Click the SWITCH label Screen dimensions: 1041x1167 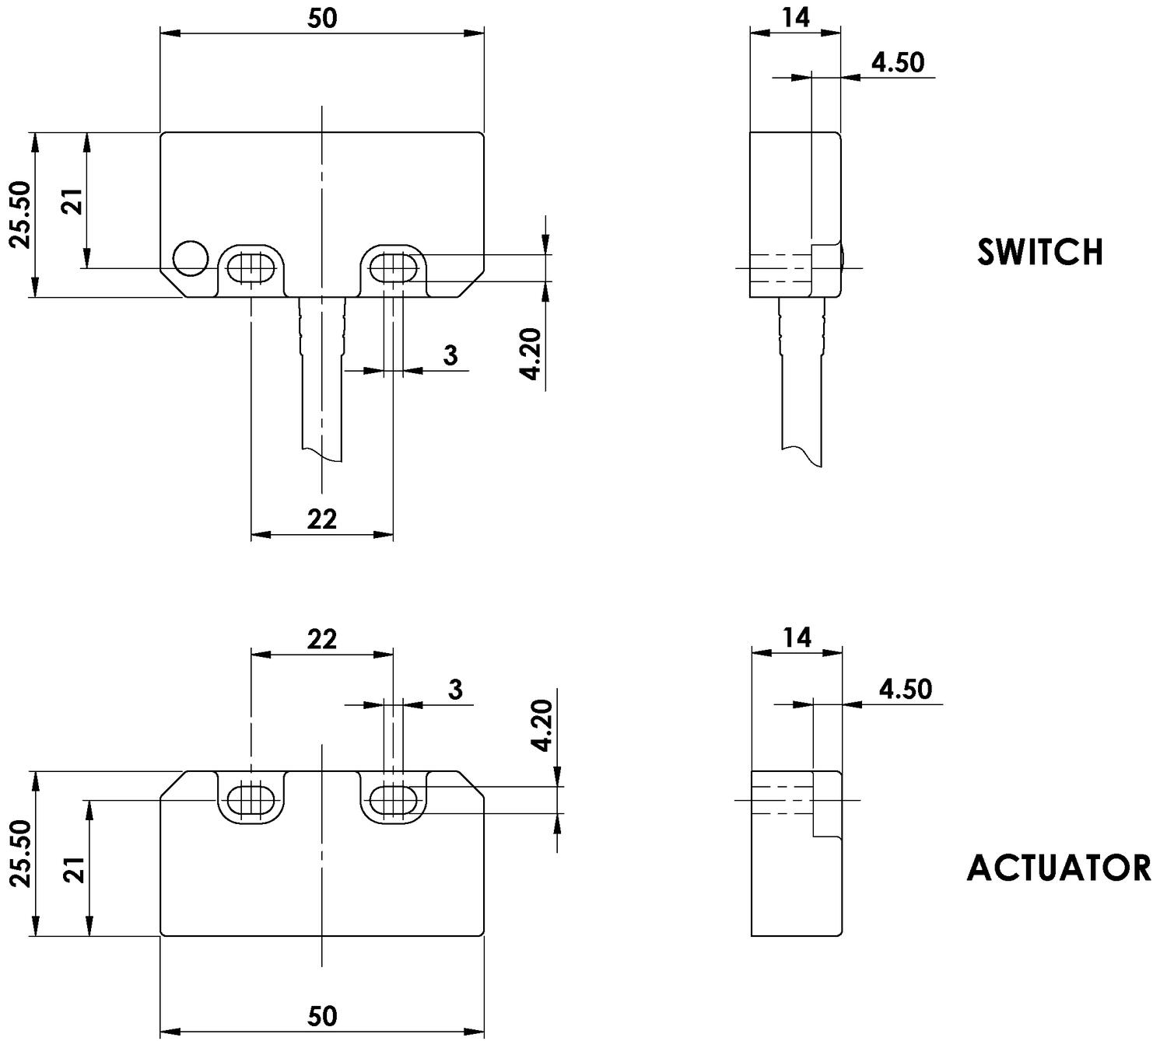(1040, 252)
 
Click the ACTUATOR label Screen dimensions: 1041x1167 (1059, 868)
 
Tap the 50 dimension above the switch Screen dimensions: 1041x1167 (322, 18)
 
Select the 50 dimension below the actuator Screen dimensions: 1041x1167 (322, 1016)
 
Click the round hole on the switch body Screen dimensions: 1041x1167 (191, 258)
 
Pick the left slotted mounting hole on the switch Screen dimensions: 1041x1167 (251, 268)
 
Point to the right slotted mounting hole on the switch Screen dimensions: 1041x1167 (393, 268)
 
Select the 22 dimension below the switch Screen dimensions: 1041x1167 (321, 519)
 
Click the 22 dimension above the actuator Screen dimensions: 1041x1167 (321, 639)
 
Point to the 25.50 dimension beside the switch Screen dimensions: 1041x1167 (20, 215)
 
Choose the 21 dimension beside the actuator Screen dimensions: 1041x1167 (74, 870)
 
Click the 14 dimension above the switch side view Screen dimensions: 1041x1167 (795, 17)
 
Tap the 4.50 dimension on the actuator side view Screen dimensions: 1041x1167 (905, 689)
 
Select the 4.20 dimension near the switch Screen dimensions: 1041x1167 (531, 354)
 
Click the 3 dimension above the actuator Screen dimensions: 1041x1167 (455, 689)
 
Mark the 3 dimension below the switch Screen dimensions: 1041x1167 (450, 355)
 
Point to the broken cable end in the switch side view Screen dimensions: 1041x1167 (802, 456)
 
